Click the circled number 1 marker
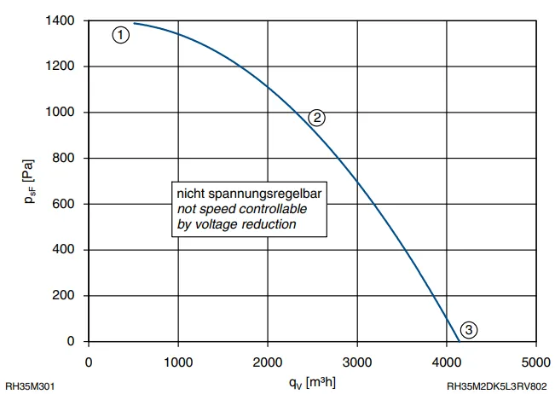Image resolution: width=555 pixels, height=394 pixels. tap(121, 35)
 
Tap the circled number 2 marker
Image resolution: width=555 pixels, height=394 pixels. tap(316, 118)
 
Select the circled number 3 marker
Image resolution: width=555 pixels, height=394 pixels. tap(469, 330)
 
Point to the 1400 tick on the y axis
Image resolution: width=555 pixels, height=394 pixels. tap(60, 20)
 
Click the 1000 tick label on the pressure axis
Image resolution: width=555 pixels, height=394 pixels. tap(60, 112)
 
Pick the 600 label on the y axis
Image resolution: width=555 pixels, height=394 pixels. tap(63, 204)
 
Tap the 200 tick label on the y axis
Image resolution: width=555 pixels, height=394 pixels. tap(63, 295)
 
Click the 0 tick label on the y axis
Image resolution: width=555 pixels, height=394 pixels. tap(71, 341)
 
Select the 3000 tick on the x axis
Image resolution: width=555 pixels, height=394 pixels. tap(357, 362)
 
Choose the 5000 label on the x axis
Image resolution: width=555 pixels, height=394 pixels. tap(536, 362)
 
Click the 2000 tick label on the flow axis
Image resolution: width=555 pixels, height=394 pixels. tap(268, 362)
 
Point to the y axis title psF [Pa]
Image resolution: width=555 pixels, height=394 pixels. tap(29, 182)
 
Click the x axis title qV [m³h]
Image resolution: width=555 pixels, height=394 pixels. tap(312, 383)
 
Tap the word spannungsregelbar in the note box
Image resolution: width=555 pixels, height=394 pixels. tap(265, 194)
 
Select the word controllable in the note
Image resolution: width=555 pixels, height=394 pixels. tap(270, 209)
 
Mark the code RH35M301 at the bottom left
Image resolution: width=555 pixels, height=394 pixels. tap(30, 386)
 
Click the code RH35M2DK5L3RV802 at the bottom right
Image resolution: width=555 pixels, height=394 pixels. tap(497, 386)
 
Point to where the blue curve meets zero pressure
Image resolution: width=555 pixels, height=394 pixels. tap(460, 342)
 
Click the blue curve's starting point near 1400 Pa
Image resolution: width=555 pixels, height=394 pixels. tap(134, 23)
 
